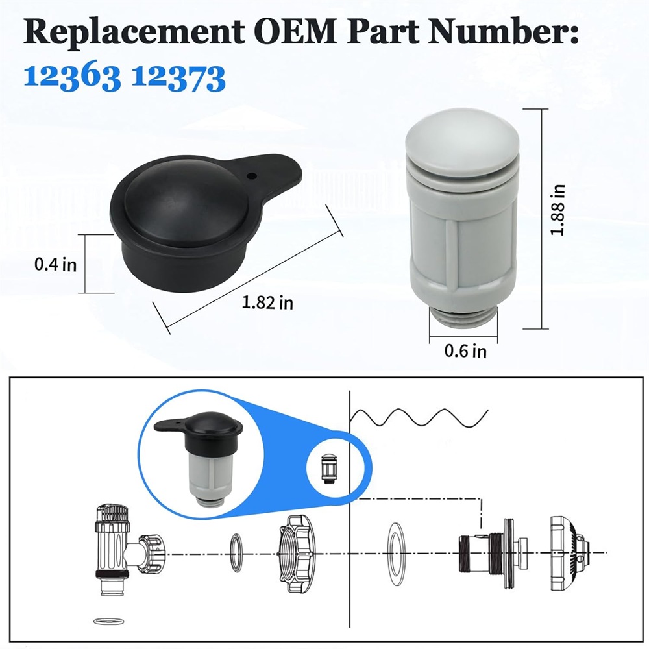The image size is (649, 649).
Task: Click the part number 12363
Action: pyautogui.click(x=72, y=77)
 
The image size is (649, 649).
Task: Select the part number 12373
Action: pyautogui.click(x=178, y=77)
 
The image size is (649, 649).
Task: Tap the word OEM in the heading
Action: pyautogui.click(x=295, y=31)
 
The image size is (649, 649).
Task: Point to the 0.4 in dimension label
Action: pyautogui.click(x=55, y=265)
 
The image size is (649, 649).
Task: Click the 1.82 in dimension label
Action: pyautogui.click(x=267, y=302)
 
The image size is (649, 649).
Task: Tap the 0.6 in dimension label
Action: pyautogui.click(x=465, y=351)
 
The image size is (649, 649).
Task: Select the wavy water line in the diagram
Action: pyautogui.click(x=419, y=417)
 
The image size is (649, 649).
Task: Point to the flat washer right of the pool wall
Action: pyautogui.click(x=396, y=554)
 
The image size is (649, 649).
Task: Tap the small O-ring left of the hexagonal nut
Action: pyautogui.click(x=236, y=553)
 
